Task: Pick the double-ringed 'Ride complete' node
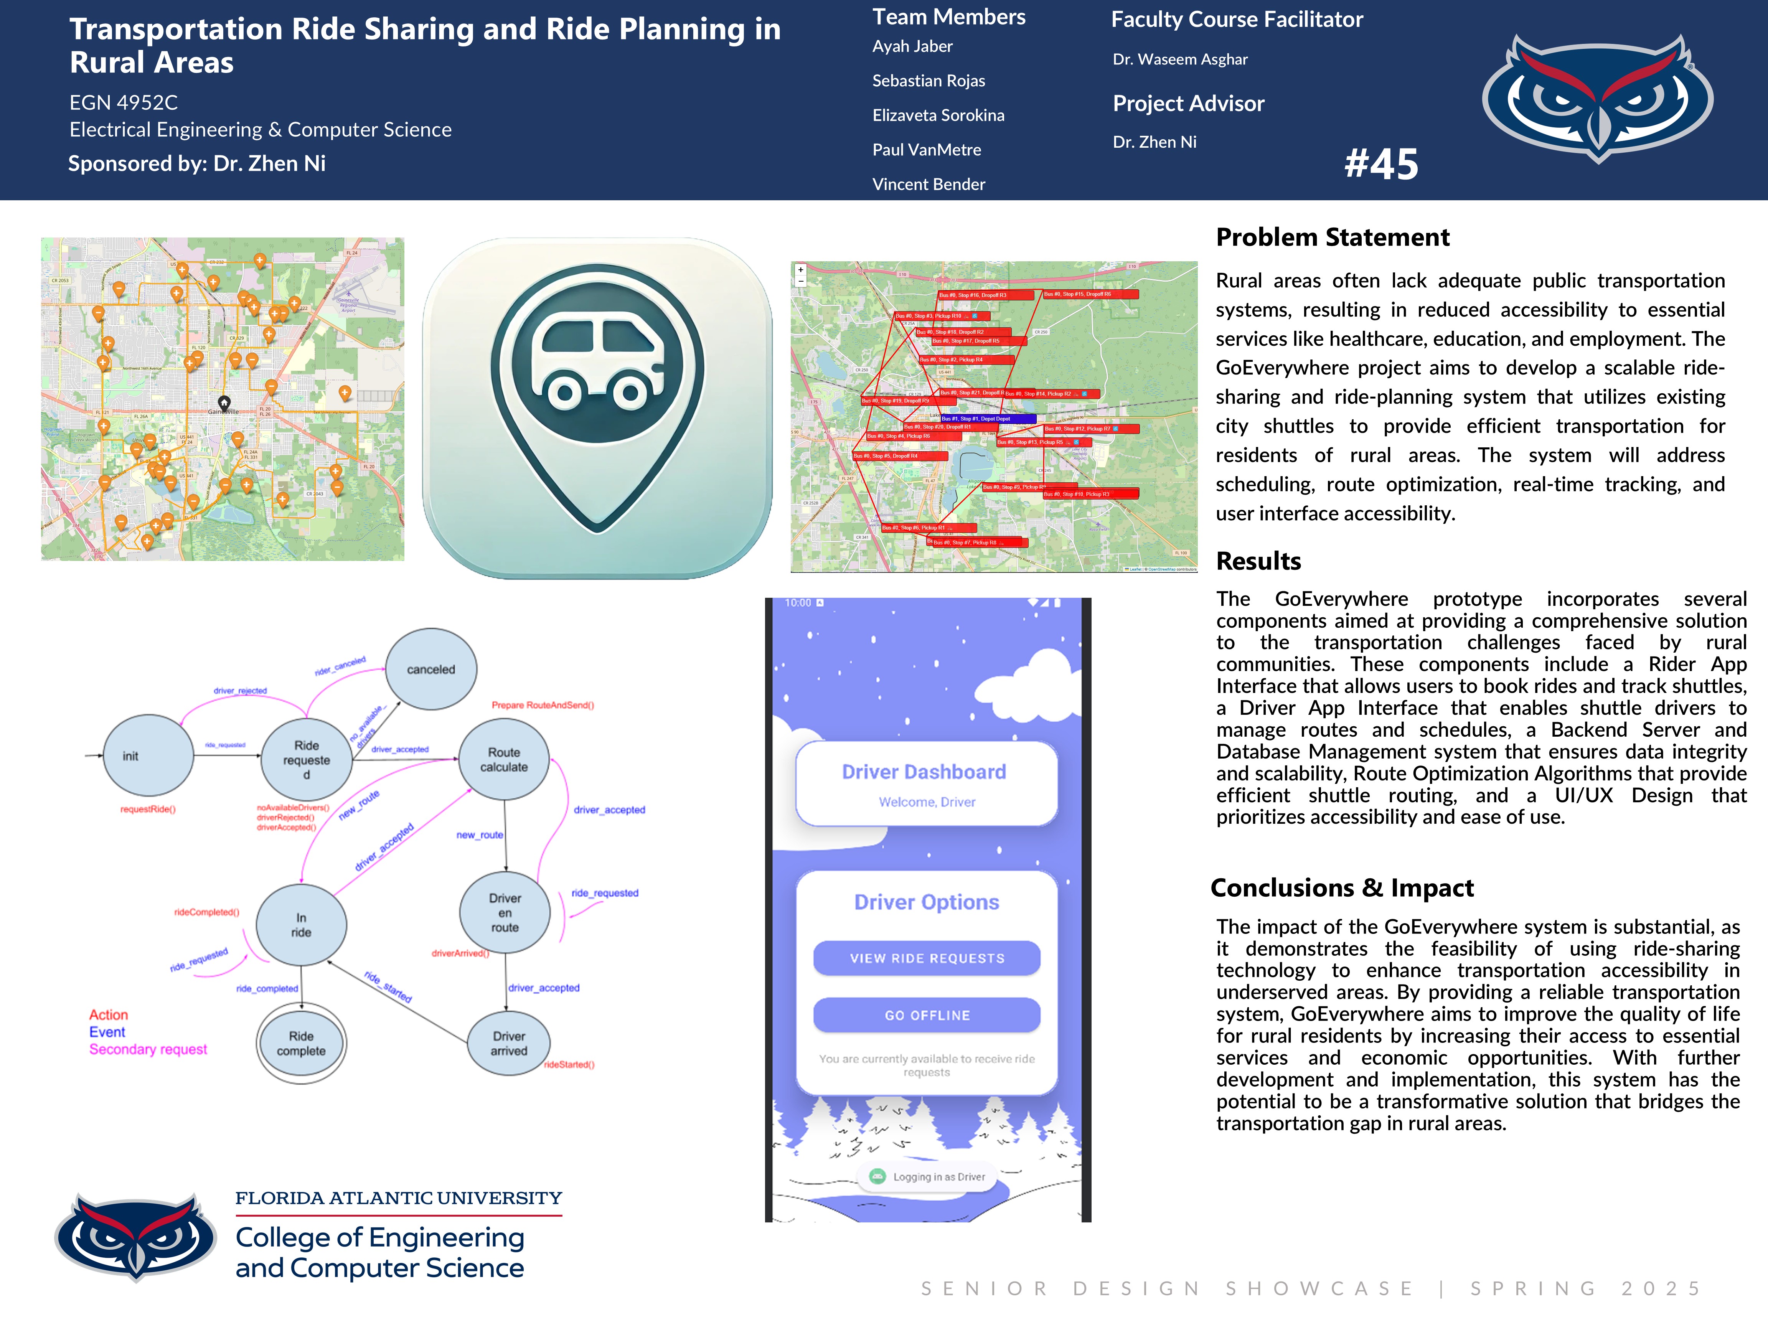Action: pos(301,1043)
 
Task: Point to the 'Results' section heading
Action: pos(1258,561)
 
